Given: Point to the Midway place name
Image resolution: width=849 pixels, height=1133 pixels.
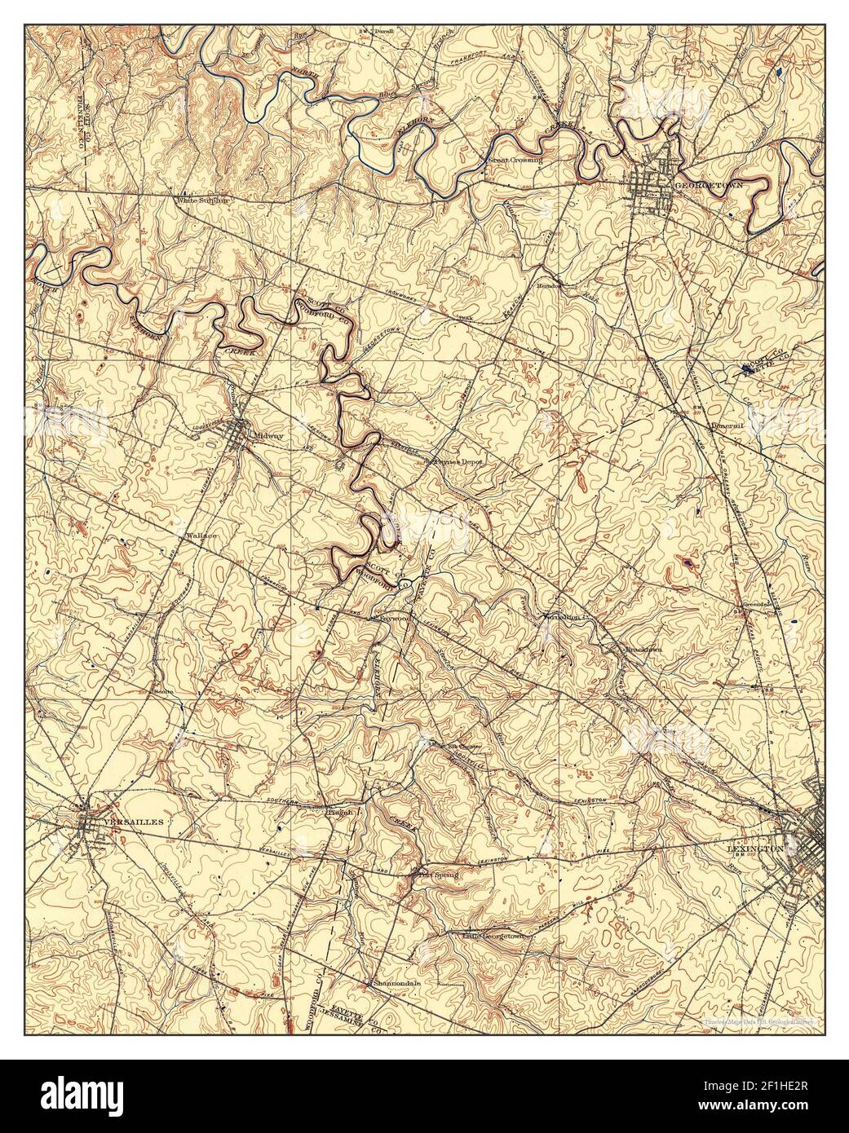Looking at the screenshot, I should click(x=268, y=436).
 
